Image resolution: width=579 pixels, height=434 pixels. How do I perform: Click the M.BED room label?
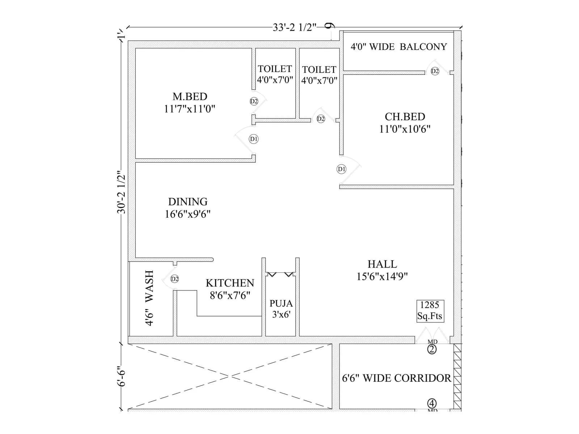[190, 97]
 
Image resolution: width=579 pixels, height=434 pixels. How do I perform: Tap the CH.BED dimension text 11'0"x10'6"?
[405, 129]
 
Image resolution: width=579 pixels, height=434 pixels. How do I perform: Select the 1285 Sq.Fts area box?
[430, 311]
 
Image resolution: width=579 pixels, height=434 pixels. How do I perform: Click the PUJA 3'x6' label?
[281, 309]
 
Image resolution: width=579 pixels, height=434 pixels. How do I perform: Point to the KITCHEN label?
[230, 283]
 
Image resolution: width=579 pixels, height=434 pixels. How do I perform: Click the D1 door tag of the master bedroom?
[254, 139]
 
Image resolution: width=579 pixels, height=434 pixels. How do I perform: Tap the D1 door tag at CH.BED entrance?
[341, 169]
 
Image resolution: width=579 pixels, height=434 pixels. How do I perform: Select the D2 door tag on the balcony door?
[435, 71]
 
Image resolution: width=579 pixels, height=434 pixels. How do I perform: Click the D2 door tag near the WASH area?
[174, 279]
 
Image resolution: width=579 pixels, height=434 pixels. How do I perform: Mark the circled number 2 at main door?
[432, 349]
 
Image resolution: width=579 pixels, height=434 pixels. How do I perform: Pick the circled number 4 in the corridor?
[432, 403]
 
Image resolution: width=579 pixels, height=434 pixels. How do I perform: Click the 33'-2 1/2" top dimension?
[295, 27]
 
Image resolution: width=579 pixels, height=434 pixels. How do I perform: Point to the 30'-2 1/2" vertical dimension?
[122, 192]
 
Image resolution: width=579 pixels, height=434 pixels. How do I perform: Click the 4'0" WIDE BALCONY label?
[398, 47]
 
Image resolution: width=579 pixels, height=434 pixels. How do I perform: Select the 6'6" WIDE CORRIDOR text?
[397, 378]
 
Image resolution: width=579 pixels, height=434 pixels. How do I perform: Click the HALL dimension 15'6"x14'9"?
[382, 277]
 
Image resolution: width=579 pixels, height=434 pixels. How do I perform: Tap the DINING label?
[188, 201]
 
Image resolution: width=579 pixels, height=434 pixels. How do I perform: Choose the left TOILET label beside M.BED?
[275, 69]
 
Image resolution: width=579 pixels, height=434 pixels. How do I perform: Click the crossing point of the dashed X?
[230, 376]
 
